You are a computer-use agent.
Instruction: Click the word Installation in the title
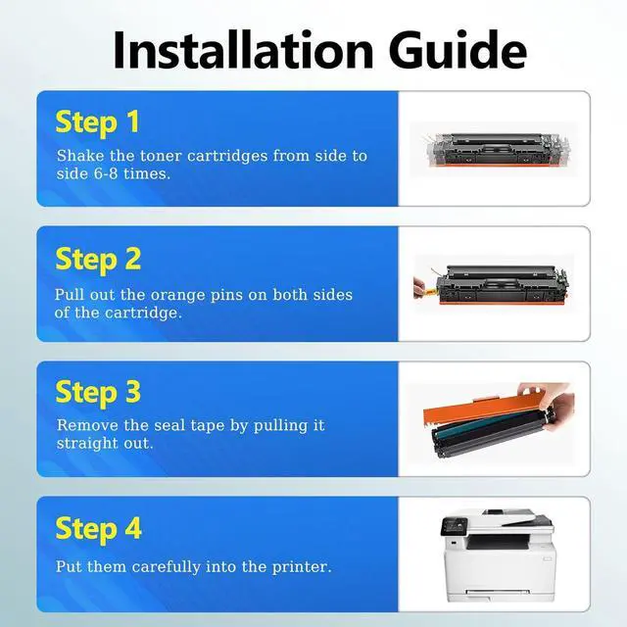(244, 50)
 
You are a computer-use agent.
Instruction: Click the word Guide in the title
(458, 50)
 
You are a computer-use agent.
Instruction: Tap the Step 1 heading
(98, 122)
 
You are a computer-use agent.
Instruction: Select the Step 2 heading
(98, 260)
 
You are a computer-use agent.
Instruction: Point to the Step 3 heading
(98, 393)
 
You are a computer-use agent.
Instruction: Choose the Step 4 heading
(98, 529)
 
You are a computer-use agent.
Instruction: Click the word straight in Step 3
(87, 444)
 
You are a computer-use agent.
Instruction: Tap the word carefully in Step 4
(166, 567)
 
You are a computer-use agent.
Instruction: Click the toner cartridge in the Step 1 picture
(496, 150)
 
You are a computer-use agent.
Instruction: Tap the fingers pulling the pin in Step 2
(419, 287)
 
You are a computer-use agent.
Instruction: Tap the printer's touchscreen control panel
(454, 526)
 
